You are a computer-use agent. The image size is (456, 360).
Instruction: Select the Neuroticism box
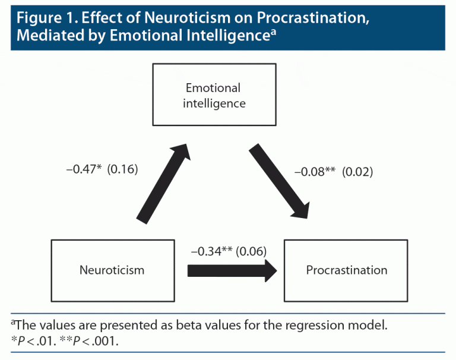click(112, 270)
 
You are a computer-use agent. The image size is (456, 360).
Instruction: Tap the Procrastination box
click(346, 270)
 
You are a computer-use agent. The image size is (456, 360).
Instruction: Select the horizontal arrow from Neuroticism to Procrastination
click(232, 271)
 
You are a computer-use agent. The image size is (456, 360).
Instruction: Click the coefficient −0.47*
click(84, 169)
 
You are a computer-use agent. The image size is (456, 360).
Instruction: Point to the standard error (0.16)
click(122, 169)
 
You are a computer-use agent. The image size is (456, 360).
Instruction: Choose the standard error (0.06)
click(251, 252)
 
